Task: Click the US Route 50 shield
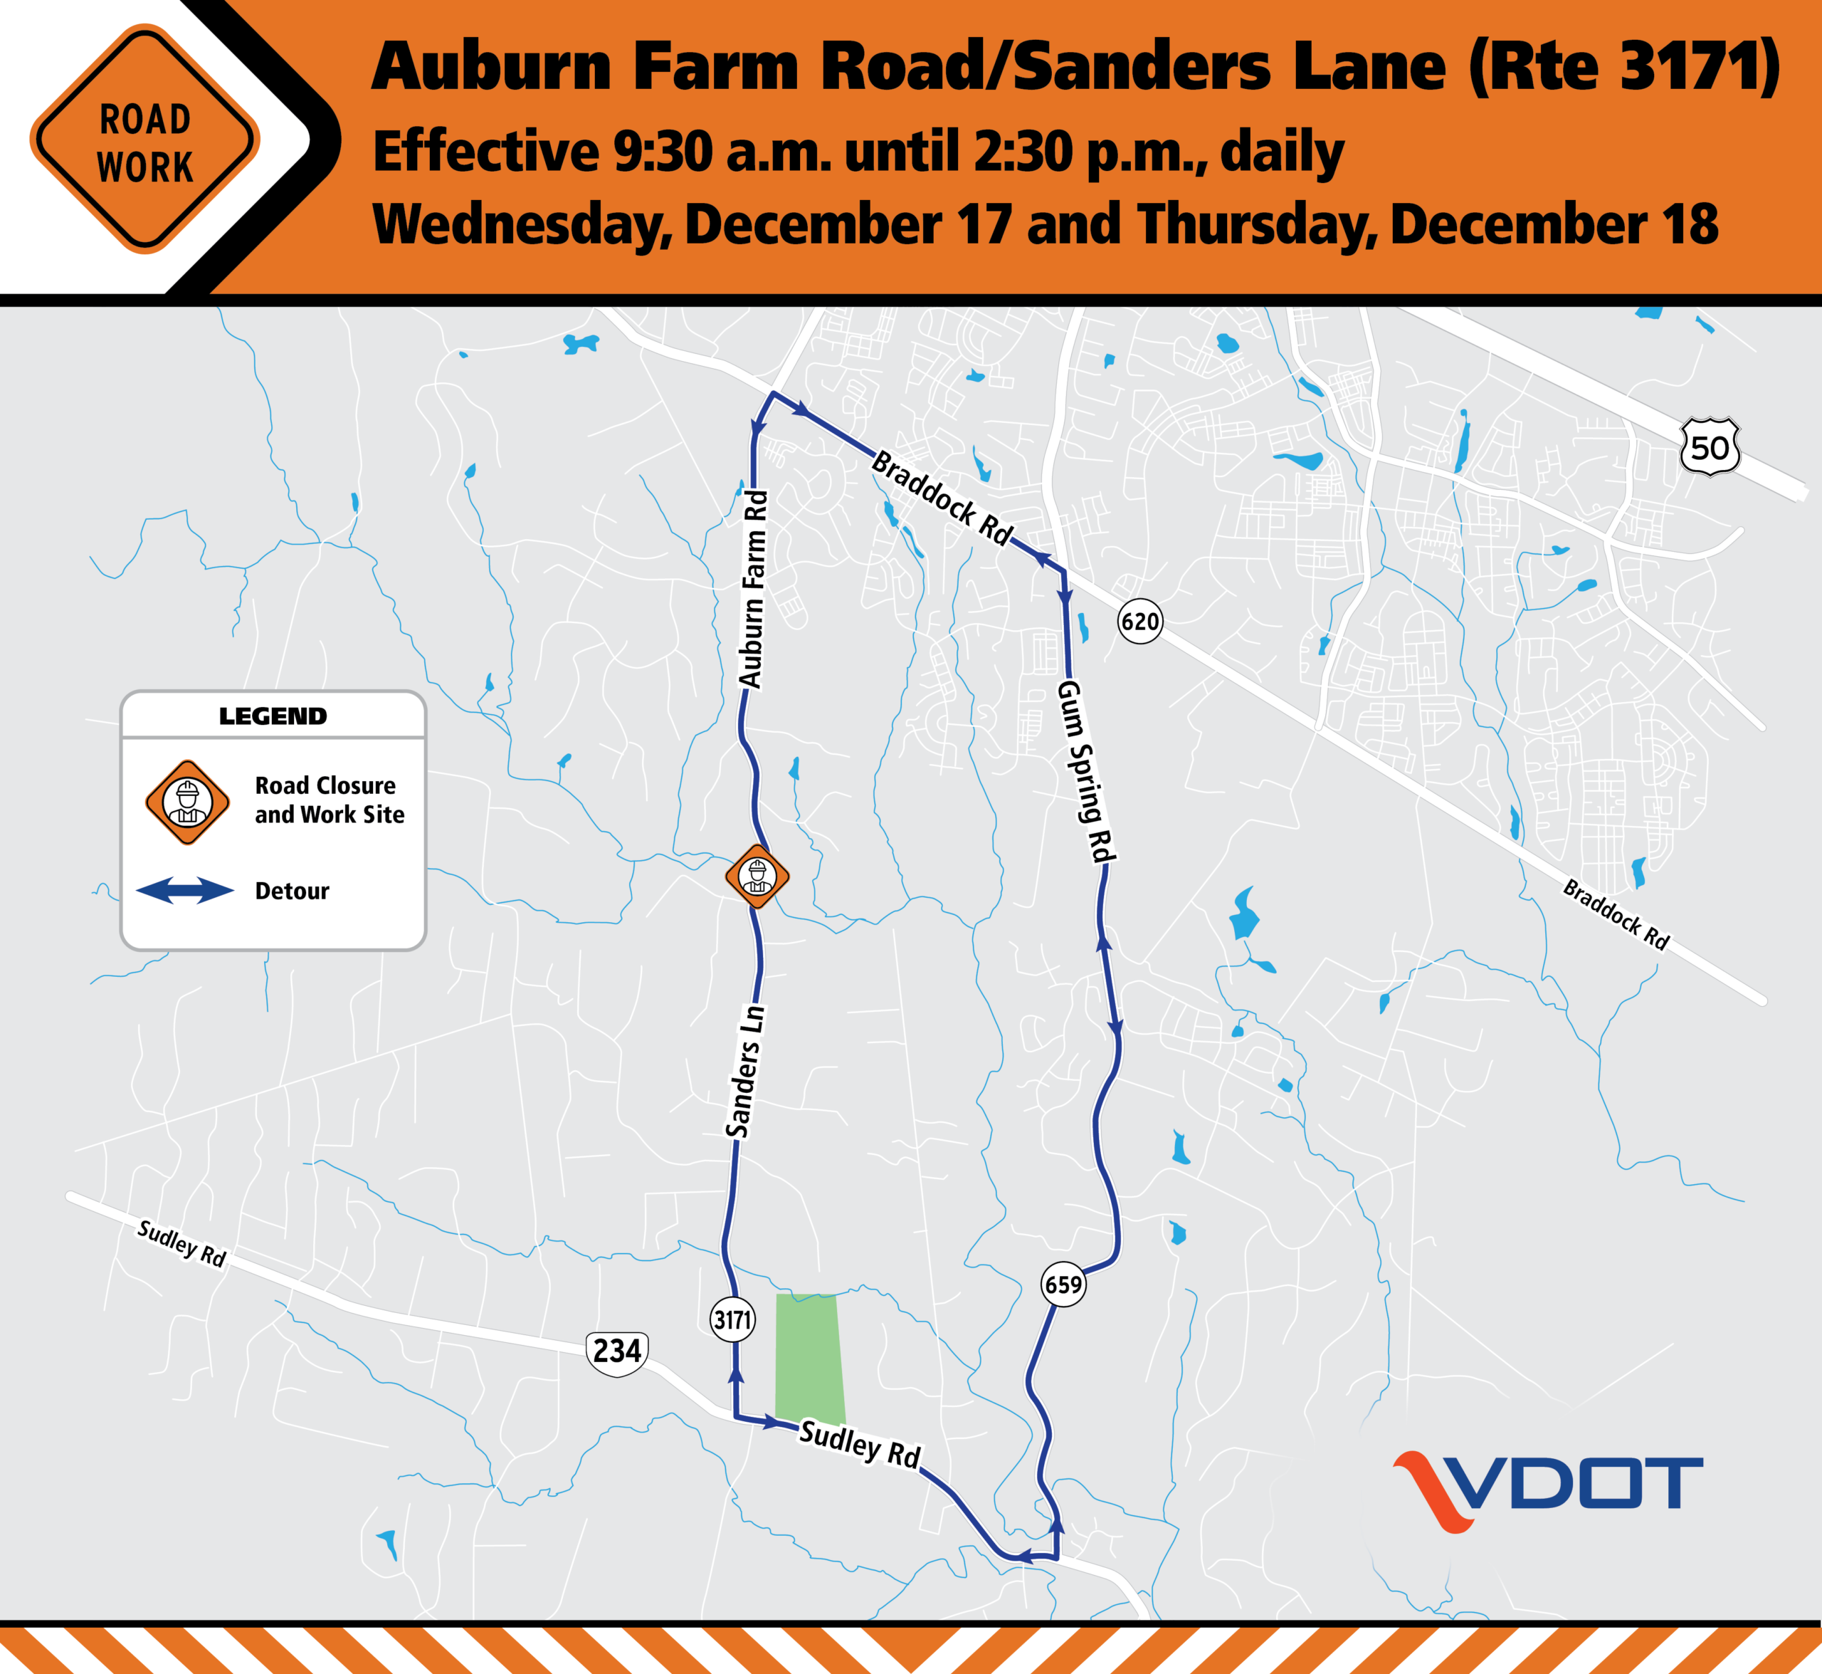[x=1710, y=446]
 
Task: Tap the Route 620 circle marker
[x=1139, y=622]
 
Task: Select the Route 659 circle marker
[x=1063, y=1284]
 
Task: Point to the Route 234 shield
[x=616, y=1352]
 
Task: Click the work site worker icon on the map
[x=757, y=876]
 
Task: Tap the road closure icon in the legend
[x=187, y=802]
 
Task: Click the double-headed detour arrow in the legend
[x=185, y=891]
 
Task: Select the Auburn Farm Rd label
[x=754, y=590]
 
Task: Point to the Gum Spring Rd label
[x=1086, y=771]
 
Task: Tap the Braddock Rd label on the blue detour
[x=942, y=499]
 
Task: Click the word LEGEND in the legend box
[x=273, y=716]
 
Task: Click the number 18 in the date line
[x=1690, y=225]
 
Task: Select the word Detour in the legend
[x=292, y=891]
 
